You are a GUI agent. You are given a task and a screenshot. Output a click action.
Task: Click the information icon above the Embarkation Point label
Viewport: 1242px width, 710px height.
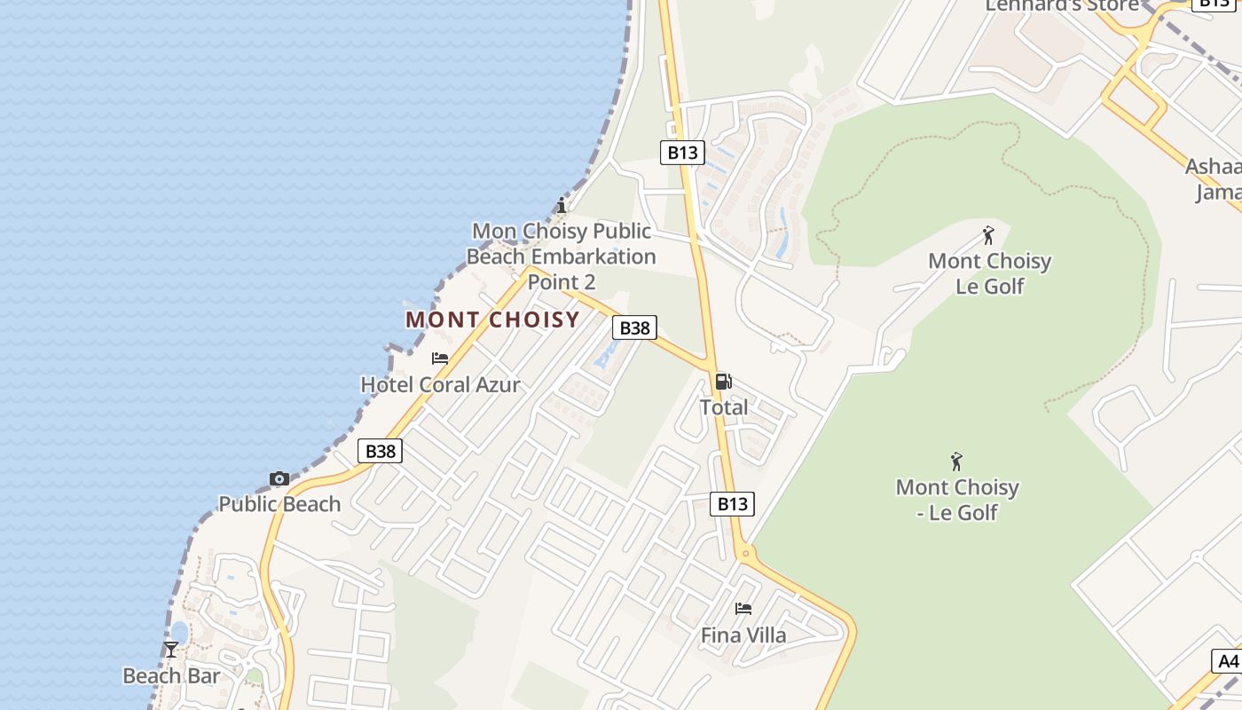click(x=561, y=206)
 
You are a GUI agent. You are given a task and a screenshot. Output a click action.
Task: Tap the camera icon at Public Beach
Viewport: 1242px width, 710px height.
click(x=279, y=479)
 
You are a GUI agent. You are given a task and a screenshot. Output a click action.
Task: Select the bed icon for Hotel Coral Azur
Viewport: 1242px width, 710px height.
click(x=440, y=359)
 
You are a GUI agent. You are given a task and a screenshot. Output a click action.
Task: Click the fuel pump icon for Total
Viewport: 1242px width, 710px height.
click(x=723, y=382)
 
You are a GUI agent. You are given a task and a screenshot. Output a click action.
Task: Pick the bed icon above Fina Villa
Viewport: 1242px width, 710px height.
click(x=743, y=609)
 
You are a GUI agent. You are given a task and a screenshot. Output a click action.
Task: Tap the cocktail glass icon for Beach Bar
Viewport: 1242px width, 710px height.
click(x=171, y=650)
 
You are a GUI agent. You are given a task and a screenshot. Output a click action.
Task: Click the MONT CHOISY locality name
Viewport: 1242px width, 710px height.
click(x=492, y=319)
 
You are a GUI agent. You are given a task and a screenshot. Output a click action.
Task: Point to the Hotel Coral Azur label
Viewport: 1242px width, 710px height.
click(x=440, y=385)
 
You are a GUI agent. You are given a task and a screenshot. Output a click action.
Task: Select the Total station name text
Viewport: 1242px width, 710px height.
click(x=724, y=407)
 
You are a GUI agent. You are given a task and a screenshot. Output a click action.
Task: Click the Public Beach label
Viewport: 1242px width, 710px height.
click(x=279, y=504)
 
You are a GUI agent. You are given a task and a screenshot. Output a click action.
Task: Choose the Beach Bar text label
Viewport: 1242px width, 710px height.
click(x=171, y=676)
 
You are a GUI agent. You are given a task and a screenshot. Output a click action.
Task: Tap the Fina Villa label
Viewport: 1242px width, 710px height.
click(x=743, y=635)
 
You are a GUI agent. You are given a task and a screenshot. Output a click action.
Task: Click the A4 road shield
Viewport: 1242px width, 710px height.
click(x=1228, y=661)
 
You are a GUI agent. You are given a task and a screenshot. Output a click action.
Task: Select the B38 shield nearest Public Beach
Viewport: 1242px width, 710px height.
click(x=381, y=451)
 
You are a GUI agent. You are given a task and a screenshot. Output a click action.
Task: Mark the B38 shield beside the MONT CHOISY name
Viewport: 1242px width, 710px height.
click(x=634, y=328)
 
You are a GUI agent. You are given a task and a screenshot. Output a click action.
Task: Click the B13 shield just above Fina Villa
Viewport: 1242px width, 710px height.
click(x=732, y=504)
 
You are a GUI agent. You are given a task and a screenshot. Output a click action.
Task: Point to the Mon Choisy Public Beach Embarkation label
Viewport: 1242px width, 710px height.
click(x=562, y=256)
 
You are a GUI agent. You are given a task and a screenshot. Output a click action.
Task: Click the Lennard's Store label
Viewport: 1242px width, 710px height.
click(x=1062, y=6)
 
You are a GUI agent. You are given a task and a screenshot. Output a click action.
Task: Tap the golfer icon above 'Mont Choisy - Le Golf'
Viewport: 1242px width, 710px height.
click(x=956, y=461)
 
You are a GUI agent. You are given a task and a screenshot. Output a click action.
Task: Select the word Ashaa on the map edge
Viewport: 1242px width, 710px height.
click(x=1213, y=167)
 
